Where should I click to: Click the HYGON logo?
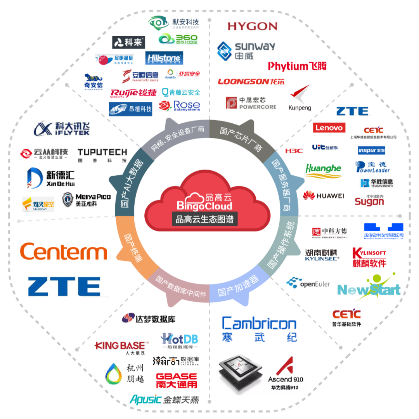pyautogui.click(x=253, y=26)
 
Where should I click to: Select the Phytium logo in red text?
pyautogui.click(x=297, y=66)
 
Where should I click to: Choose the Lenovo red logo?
pyautogui.click(x=329, y=127)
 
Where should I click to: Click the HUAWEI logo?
pyautogui.click(x=324, y=196)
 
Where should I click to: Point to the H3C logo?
pyautogui.click(x=294, y=151)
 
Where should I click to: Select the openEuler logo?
pyautogui.click(x=309, y=284)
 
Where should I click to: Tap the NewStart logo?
pyautogui.click(x=368, y=289)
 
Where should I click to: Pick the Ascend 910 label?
pyautogui.click(x=286, y=379)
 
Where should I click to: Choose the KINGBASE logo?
pyautogui.click(x=121, y=346)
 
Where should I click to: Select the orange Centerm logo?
pyautogui.click(x=63, y=251)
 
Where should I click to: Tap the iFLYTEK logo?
pyautogui.click(x=60, y=128)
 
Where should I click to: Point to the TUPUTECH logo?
pyautogui.click(x=102, y=155)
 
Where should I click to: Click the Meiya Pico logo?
pyautogui.click(x=86, y=199)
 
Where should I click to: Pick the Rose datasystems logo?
pyautogui.click(x=180, y=106)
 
